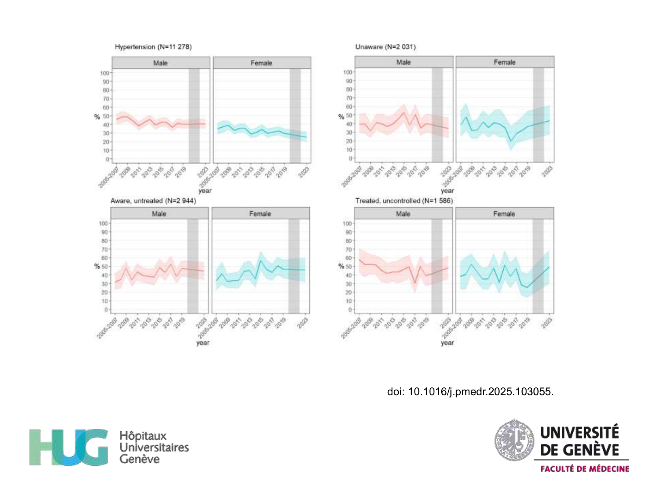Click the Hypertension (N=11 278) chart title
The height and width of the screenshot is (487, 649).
point(153,47)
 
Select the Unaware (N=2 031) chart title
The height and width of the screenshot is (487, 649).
point(385,47)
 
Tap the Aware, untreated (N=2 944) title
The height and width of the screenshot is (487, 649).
point(153,201)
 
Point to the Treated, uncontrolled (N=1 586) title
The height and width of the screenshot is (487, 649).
point(404,201)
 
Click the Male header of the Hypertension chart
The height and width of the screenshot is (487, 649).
point(161,63)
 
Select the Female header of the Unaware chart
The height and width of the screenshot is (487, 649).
point(504,62)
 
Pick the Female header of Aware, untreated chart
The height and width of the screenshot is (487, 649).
point(260,213)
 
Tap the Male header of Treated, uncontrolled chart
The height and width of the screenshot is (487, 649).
point(403,213)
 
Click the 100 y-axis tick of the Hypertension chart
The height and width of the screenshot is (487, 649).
point(105,73)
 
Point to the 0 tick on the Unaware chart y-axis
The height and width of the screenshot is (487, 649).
point(350,158)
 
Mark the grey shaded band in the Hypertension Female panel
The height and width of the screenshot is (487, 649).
point(295,116)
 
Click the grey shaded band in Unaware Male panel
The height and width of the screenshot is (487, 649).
point(437,115)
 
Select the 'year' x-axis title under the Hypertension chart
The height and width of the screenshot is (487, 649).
point(205,190)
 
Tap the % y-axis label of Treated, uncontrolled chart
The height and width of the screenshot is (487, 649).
point(341,266)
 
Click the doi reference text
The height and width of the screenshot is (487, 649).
point(470,392)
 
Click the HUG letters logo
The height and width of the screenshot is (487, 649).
point(69,447)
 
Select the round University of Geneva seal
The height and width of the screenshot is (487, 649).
point(514,440)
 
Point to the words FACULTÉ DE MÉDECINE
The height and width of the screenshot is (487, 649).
point(585,469)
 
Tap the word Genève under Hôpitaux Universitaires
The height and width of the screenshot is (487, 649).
point(139,459)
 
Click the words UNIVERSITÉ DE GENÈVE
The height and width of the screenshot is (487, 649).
point(580,441)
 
